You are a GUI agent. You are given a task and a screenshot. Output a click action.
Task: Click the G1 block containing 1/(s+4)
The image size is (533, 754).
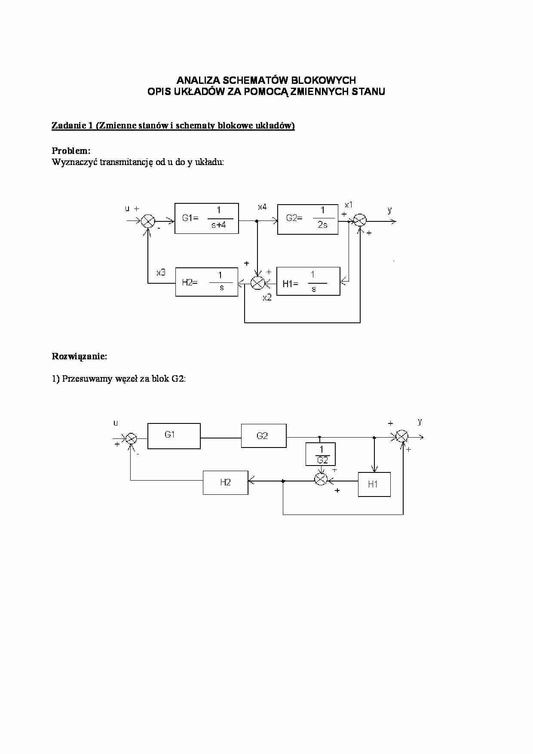pyautogui.click(x=206, y=218)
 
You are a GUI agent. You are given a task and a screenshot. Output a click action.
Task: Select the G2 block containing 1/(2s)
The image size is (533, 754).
pyautogui.click(x=307, y=219)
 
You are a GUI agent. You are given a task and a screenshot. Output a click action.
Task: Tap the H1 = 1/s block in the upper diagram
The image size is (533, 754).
pyautogui.click(x=308, y=281)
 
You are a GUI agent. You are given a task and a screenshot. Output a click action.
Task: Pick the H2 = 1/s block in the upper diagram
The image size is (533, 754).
pyautogui.click(x=206, y=282)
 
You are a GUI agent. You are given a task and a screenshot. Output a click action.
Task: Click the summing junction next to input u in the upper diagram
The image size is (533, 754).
pyautogui.click(x=148, y=221)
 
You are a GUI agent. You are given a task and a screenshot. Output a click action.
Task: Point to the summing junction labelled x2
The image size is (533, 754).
pyautogui.click(x=257, y=282)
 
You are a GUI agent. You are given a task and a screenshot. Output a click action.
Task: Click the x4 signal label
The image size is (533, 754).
pyautogui.click(x=262, y=207)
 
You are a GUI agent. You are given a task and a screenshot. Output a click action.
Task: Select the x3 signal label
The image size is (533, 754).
pyautogui.click(x=161, y=273)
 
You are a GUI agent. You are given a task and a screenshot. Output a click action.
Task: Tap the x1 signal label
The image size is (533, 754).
pyautogui.click(x=349, y=205)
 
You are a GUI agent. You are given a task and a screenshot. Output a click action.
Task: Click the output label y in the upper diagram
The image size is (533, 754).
pyautogui.click(x=389, y=210)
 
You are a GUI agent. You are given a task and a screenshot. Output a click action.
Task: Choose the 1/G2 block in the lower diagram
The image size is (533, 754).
pyautogui.click(x=320, y=454)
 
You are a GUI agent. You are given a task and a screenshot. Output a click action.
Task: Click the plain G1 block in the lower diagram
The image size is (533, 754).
pyautogui.click(x=174, y=436)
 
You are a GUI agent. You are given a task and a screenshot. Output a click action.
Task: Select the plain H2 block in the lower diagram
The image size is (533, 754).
pyautogui.click(x=225, y=482)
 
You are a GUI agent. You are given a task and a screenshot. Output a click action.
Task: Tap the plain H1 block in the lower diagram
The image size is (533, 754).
pyautogui.click(x=374, y=484)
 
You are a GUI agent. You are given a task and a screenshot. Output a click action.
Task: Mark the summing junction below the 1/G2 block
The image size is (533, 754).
pyautogui.click(x=321, y=480)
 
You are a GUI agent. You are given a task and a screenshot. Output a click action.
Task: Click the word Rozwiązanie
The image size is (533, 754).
pyautogui.click(x=79, y=356)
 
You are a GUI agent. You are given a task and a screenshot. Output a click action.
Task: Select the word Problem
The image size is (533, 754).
pyautogui.click(x=71, y=151)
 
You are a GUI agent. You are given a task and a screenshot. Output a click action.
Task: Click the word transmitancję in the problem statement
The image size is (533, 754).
pyautogui.click(x=126, y=162)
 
